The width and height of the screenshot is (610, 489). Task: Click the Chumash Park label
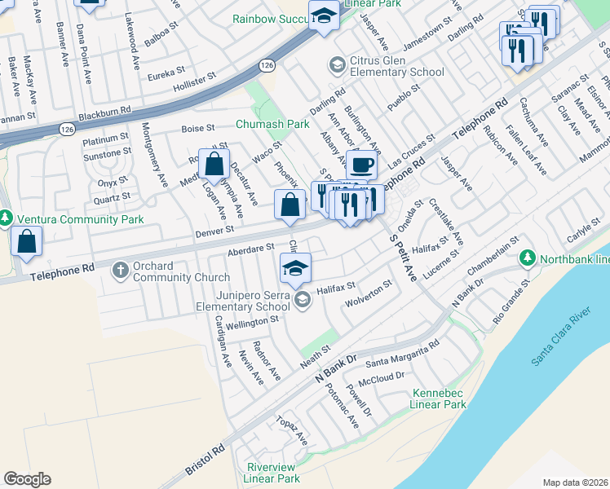[x=272, y=124]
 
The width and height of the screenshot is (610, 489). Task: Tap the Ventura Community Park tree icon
[x=5, y=219]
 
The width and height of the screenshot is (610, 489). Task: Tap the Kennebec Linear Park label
[x=439, y=399]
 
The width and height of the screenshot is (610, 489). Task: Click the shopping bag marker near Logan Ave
[x=214, y=165]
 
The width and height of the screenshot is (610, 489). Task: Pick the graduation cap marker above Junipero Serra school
[x=296, y=268]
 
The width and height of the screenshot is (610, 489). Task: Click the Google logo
[x=27, y=479]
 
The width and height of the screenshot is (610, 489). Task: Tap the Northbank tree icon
[x=527, y=258]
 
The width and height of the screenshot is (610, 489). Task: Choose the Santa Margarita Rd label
[x=402, y=355]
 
